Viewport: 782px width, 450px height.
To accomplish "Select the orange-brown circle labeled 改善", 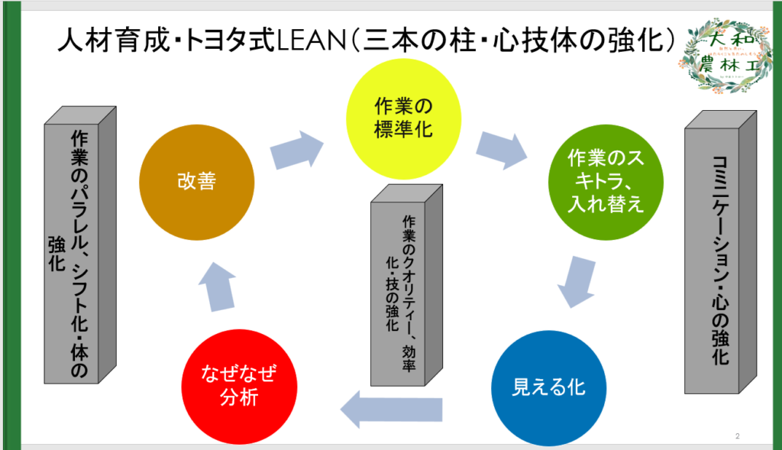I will pyautogui.click(x=195, y=182).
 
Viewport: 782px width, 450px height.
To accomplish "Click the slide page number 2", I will pyautogui.click(x=738, y=436).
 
